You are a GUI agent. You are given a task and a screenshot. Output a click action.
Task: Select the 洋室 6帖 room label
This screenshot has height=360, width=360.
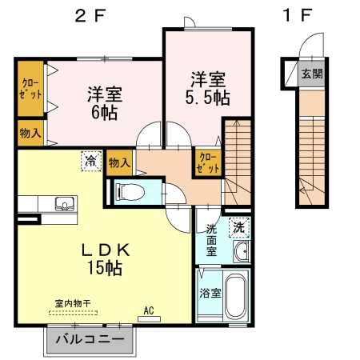pyautogui.click(x=103, y=103)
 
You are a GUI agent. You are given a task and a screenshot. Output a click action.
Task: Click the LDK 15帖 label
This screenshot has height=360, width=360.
pyautogui.click(x=104, y=258)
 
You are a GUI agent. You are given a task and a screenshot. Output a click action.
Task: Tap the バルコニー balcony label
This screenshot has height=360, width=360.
pyautogui.click(x=90, y=340)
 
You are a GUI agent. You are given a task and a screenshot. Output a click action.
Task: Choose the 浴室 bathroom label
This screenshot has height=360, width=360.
pyautogui.click(x=210, y=294)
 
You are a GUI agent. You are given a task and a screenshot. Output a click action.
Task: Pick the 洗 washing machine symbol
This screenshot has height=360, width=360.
pyautogui.click(x=238, y=226)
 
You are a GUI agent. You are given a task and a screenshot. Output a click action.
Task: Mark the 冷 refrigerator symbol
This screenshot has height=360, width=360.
pyautogui.click(x=90, y=162)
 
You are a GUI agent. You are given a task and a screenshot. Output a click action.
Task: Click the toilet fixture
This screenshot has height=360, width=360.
pyautogui.click(x=131, y=191)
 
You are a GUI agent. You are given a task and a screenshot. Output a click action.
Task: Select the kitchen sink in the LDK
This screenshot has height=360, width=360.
pyautogui.click(x=63, y=205)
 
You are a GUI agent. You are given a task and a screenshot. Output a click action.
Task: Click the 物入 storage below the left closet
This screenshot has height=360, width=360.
pyautogui.click(x=30, y=134)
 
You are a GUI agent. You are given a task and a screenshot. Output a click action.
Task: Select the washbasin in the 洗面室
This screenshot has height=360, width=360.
pyautogui.click(x=242, y=252)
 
